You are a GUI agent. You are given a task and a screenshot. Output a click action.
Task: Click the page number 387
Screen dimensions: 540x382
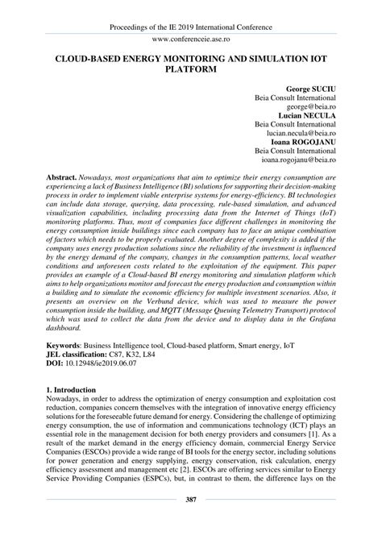tap(191, 523)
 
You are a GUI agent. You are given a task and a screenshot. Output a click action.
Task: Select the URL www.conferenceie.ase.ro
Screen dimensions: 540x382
tap(191, 39)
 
